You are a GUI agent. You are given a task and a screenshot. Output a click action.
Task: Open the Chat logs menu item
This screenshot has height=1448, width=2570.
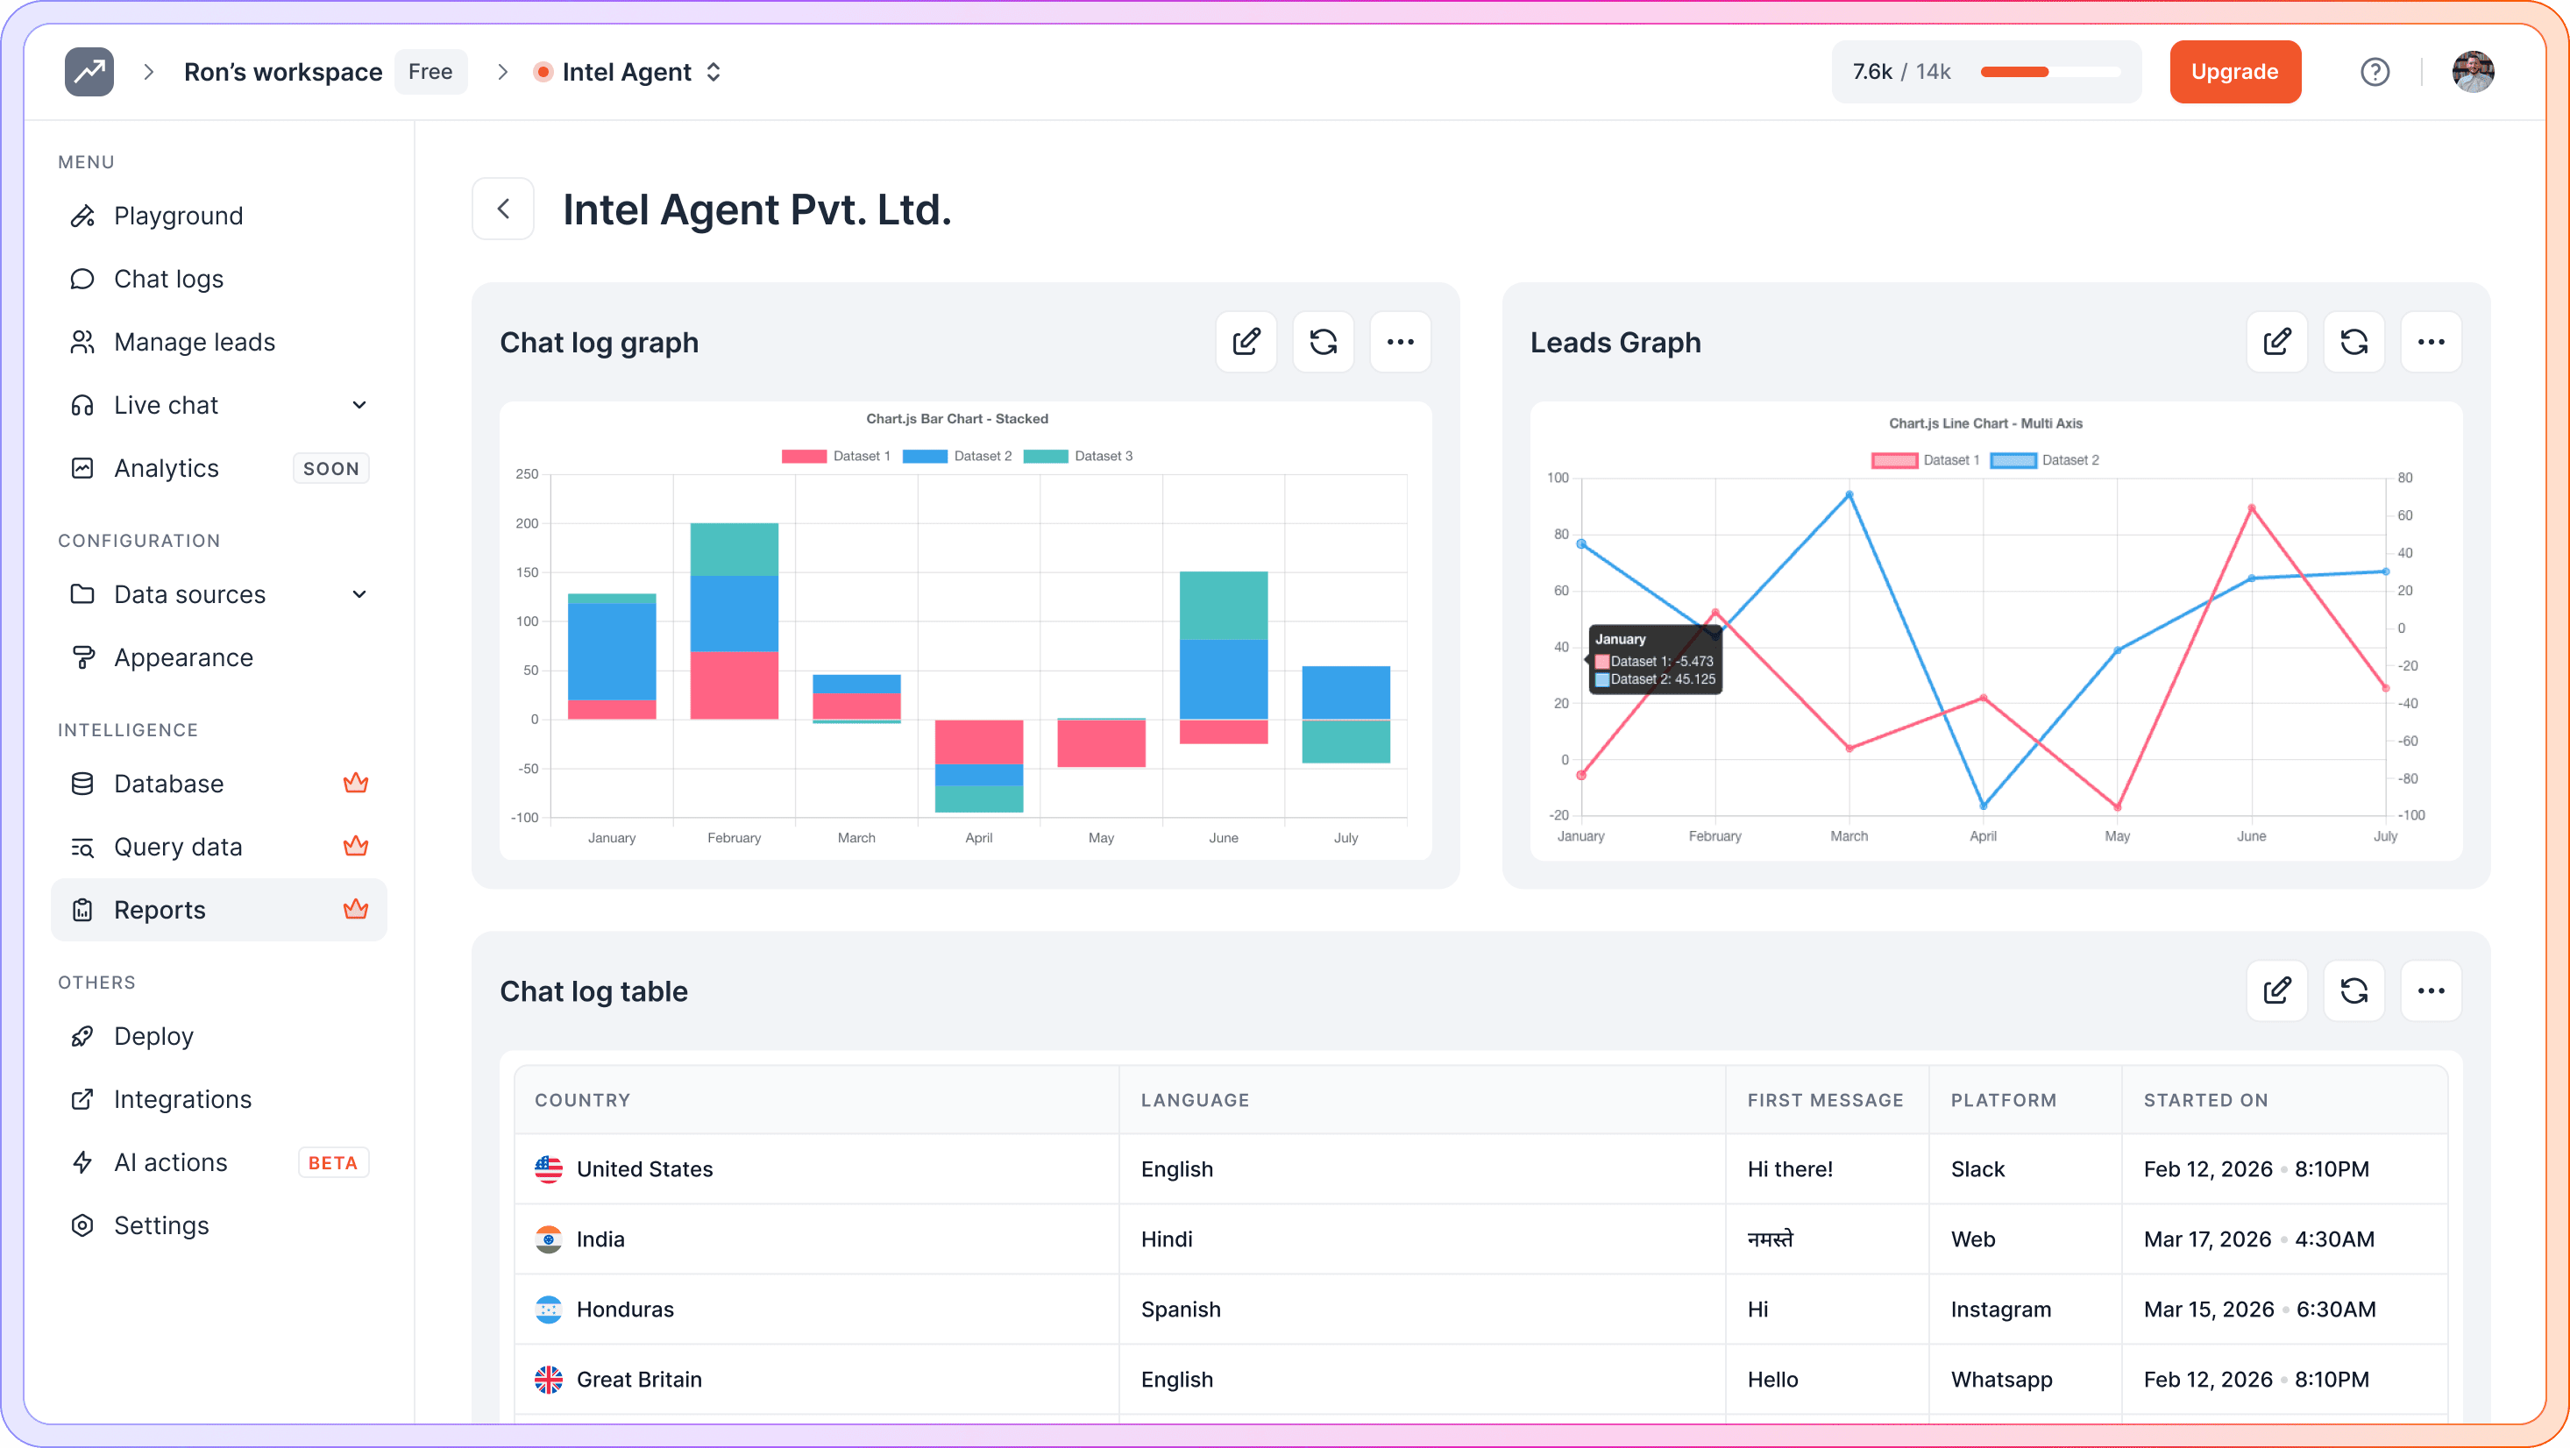[168, 279]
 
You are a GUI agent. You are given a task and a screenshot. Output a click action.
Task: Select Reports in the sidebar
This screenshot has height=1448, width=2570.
[160, 909]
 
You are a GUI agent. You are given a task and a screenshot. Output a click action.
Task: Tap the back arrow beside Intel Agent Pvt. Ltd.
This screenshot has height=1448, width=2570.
[503, 209]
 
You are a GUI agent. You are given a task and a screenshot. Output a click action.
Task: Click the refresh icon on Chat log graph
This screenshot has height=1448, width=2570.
[1323, 343]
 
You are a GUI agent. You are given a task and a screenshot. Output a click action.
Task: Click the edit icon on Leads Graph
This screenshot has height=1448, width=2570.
[2276, 343]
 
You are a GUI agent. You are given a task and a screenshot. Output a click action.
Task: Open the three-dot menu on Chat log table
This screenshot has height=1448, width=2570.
[2431, 991]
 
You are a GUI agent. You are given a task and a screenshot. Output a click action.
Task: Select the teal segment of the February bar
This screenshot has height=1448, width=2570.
[734, 549]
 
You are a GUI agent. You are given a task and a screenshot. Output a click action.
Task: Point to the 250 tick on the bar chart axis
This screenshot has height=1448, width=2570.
[527, 474]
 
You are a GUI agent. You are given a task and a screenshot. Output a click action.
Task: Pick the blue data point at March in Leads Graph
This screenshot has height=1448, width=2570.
[1849, 495]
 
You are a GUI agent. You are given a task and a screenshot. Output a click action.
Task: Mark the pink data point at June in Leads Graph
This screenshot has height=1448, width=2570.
[2251, 509]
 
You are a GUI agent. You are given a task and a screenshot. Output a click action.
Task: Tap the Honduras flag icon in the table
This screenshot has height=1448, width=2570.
[548, 1310]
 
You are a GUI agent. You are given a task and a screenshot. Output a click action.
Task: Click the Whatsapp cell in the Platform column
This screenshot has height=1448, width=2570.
[2001, 1379]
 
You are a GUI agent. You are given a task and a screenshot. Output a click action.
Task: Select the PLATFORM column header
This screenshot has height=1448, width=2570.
[2004, 1100]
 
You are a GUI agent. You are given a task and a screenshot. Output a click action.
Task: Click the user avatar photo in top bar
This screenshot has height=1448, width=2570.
[2472, 72]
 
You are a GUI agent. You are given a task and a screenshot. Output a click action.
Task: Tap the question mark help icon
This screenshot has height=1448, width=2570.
[2375, 72]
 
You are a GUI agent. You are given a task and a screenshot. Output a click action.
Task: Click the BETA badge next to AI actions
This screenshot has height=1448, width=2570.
[332, 1162]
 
